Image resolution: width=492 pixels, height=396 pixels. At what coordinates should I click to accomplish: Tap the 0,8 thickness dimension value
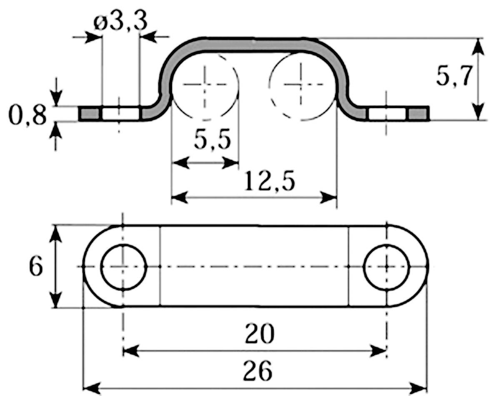(27, 116)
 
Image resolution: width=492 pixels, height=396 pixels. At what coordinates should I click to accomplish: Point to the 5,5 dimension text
(212, 141)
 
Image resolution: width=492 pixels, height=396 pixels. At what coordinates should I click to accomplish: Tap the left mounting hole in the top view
(124, 267)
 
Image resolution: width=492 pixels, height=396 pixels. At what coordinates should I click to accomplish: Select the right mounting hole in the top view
(387, 267)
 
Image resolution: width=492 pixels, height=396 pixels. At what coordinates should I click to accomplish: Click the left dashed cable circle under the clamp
(205, 86)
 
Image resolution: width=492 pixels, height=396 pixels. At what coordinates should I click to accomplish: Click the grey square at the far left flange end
(89, 114)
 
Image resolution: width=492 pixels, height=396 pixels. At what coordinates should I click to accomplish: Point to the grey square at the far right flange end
(418, 114)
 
